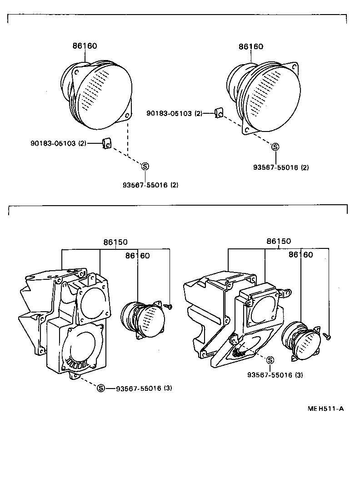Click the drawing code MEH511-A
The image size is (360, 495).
point(325,408)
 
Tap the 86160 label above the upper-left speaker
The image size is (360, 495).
point(85,46)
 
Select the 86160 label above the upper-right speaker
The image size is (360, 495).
point(251,46)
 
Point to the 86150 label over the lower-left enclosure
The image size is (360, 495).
point(115,242)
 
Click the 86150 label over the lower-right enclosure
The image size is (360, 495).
point(279,241)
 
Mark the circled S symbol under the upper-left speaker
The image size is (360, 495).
point(145,166)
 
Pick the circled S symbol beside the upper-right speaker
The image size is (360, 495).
point(275,146)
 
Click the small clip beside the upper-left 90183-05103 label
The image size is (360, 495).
point(107,143)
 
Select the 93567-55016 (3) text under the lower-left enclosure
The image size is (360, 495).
point(144,389)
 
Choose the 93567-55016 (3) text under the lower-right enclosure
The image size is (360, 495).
point(275,375)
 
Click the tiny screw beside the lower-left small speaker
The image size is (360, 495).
point(169,307)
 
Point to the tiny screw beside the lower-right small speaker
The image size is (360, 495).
point(328,336)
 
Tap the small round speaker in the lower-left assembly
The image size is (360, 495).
point(142,319)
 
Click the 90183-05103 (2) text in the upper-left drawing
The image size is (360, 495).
point(58,143)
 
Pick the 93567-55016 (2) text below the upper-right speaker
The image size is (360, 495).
point(281,167)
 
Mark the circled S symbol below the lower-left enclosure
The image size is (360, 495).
point(101,388)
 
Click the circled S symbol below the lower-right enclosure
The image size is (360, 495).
point(270,360)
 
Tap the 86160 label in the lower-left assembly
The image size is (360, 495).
point(137,256)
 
